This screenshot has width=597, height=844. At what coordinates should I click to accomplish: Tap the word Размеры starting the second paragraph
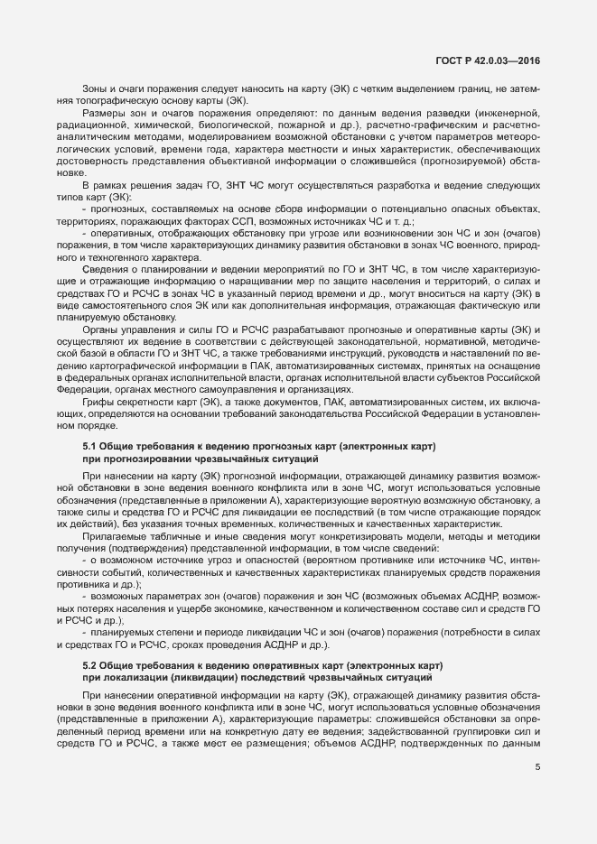(101, 111)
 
